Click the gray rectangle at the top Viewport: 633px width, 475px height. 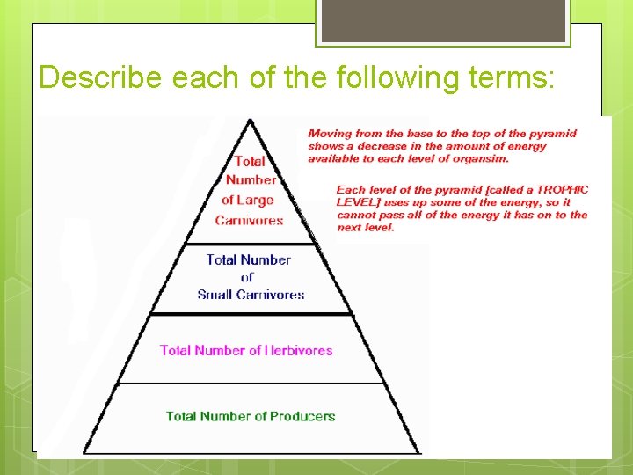pos(443,20)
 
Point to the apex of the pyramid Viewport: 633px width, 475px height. pos(251,120)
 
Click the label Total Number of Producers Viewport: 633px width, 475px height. pos(251,416)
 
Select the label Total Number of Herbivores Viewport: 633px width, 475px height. pos(246,350)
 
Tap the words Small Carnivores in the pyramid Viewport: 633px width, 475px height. pos(251,295)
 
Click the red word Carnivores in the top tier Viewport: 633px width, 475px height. pos(250,220)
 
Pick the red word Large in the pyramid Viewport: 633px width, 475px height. pos(259,200)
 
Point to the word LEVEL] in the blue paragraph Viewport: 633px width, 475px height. pos(357,202)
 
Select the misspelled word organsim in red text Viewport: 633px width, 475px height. pos(483,159)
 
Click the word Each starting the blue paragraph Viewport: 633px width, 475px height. pos(350,190)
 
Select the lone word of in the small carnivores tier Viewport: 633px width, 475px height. pos(248,277)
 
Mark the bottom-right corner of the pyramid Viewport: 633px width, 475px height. pos(421,452)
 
